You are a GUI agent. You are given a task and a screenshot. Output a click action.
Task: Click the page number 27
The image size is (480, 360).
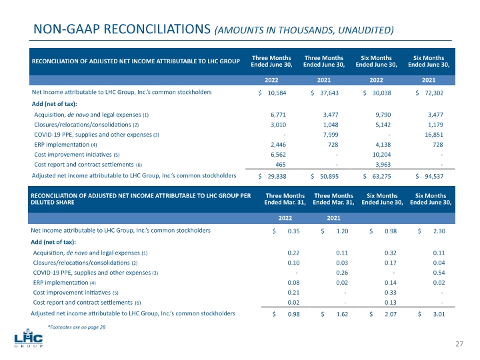pyautogui.click(x=459, y=343)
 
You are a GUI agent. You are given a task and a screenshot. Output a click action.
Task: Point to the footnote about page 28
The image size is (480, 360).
pyautogui.click(x=77, y=327)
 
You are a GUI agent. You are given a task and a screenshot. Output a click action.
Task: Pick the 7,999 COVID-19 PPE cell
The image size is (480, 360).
pyautogui.click(x=329, y=135)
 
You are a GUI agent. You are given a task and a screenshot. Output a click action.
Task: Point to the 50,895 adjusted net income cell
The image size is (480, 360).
pyautogui.click(x=329, y=177)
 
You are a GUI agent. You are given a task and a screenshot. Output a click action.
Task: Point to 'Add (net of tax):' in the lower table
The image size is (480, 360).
pyautogui.click(x=53, y=241)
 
